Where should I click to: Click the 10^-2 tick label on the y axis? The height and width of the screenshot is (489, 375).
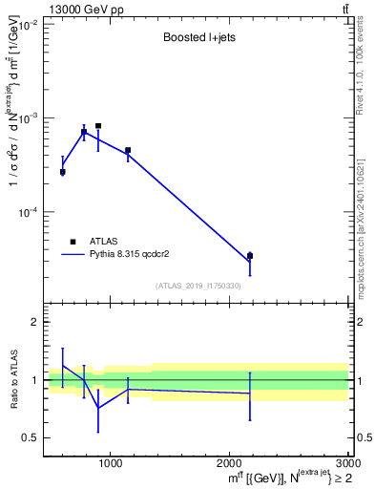[x=29, y=25]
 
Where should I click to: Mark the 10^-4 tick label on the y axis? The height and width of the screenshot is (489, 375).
[x=29, y=212]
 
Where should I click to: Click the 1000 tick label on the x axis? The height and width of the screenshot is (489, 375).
[x=110, y=463]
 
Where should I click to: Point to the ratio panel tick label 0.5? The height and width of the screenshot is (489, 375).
[x=31, y=437]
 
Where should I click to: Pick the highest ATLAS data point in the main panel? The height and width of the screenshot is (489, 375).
[x=97, y=126]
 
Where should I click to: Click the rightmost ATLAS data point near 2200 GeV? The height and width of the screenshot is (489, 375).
[x=250, y=256]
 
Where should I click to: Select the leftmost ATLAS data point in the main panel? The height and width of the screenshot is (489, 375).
[x=62, y=172]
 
